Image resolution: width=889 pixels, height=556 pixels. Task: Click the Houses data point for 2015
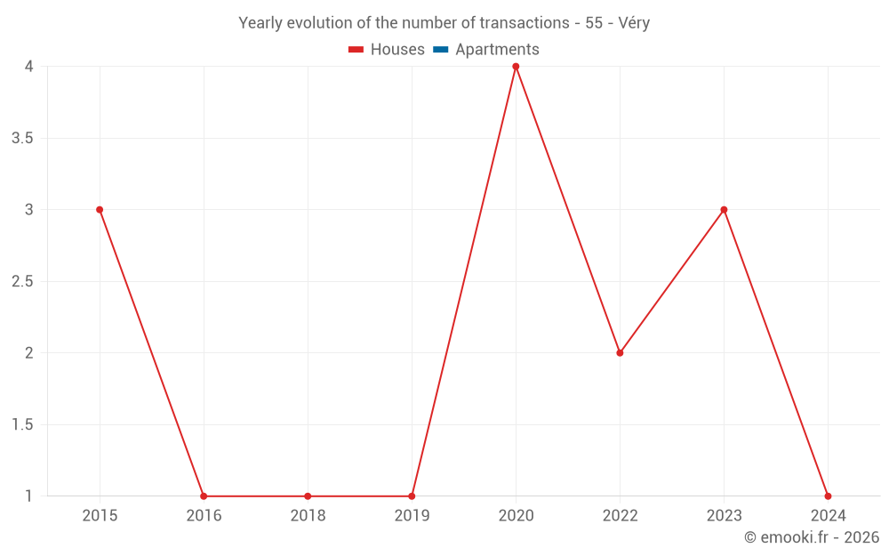tap(100, 210)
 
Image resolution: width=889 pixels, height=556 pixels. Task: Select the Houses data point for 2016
tap(204, 496)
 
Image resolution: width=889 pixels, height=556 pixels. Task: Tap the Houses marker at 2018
tap(308, 496)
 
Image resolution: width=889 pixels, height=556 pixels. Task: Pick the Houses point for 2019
tap(412, 496)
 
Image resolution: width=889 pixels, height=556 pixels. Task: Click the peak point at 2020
tap(516, 67)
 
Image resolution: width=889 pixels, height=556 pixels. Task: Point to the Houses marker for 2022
tap(620, 353)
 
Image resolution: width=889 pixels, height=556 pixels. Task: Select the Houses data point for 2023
tap(724, 210)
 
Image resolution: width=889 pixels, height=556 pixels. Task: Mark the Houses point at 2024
tap(828, 496)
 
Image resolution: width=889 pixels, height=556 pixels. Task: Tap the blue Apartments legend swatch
tap(441, 50)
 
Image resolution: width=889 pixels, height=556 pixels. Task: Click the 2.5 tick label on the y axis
tap(22, 281)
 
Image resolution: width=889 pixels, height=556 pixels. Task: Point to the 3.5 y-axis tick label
tap(22, 138)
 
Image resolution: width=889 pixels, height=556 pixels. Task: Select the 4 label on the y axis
tap(28, 67)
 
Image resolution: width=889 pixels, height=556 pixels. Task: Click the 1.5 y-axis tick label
tap(22, 424)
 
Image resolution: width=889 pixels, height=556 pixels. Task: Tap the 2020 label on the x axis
tap(516, 516)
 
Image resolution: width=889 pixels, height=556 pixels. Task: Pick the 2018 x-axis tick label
tap(308, 516)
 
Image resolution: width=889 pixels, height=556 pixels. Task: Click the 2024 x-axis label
tap(828, 516)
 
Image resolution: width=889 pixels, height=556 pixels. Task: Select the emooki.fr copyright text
tap(811, 537)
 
